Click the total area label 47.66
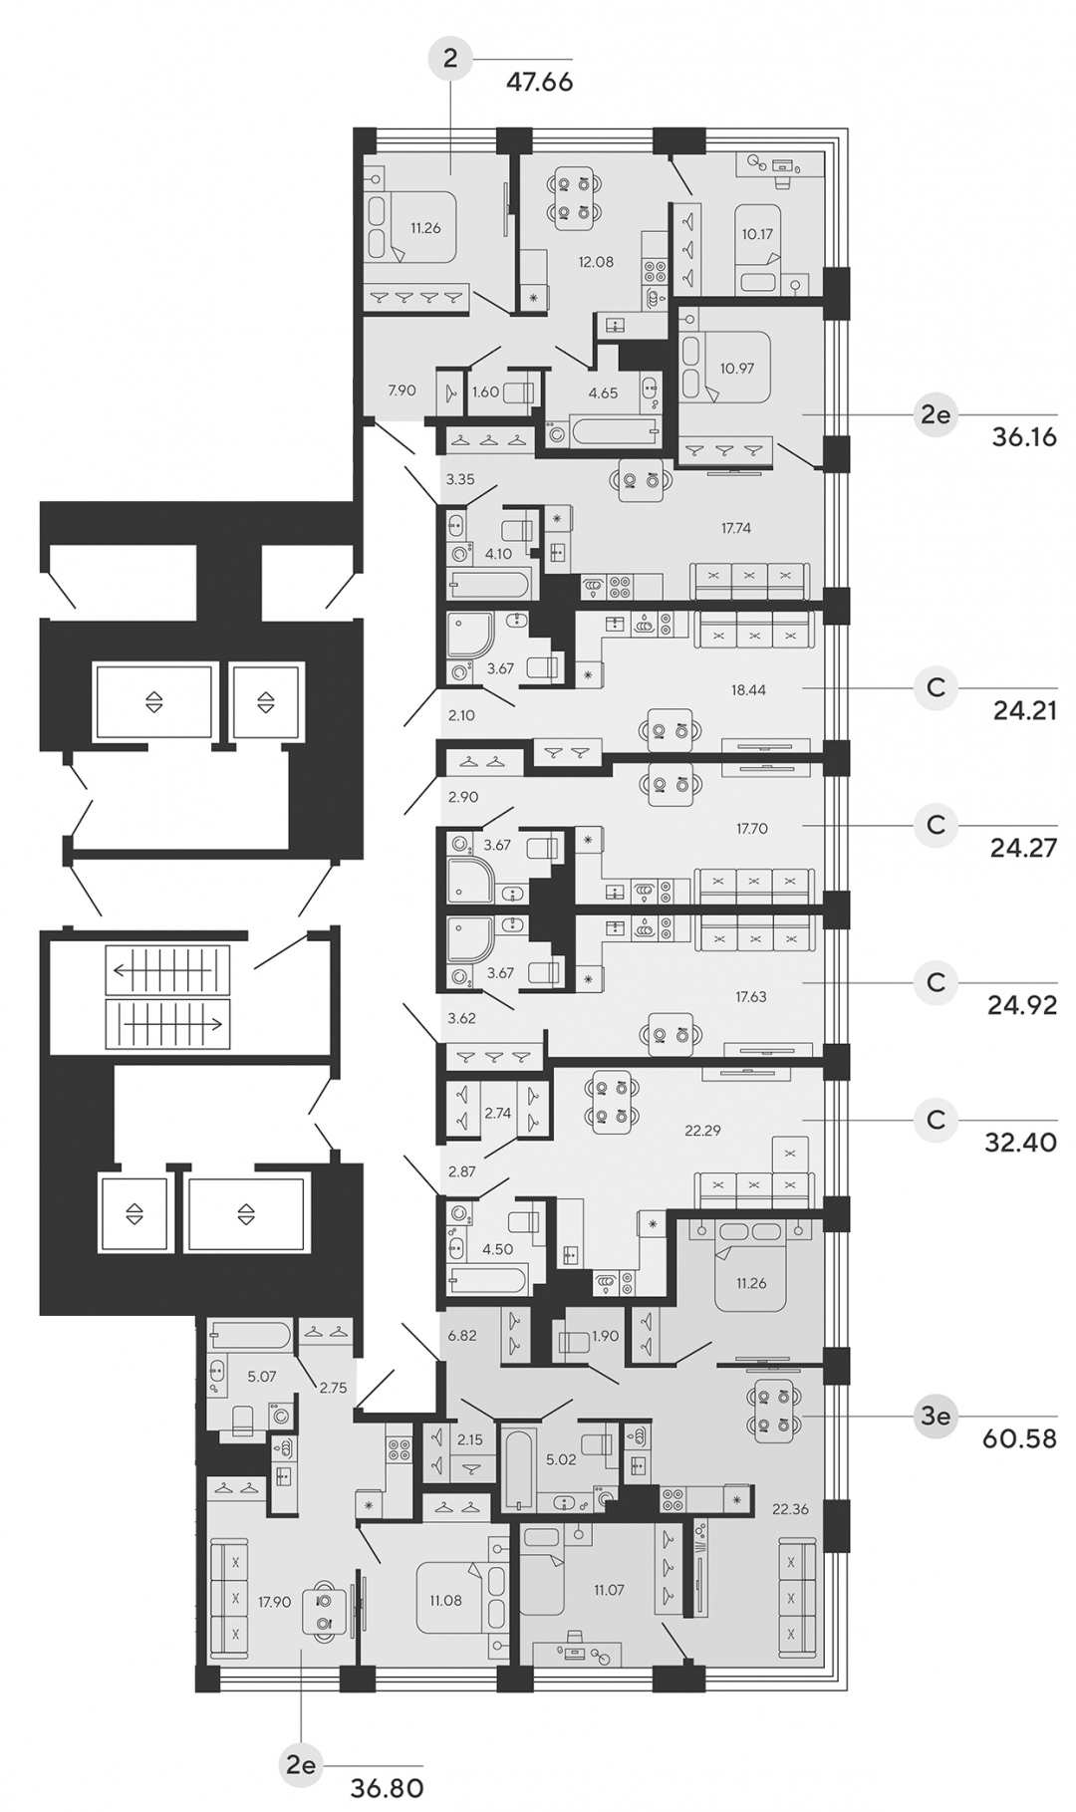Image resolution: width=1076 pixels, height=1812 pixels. click(x=539, y=82)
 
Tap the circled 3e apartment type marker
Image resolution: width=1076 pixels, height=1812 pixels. click(x=936, y=1416)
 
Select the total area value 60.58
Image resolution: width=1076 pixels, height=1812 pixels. click(x=1018, y=1438)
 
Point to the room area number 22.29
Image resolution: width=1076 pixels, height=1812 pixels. click(x=702, y=1130)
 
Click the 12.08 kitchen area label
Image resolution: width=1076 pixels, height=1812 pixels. click(x=596, y=262)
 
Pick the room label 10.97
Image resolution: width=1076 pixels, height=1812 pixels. click(x=736, y=368)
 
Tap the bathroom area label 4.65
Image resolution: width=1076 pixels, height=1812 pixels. click(x=603, y=392)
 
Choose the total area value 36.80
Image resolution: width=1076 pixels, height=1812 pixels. click(x=387, y=1787)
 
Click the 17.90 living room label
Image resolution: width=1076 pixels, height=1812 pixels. click(x=274, y=1602)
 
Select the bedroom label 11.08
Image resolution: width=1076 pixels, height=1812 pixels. click(x=445, y=1601)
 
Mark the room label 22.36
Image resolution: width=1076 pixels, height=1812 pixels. click(x=790, y=1509)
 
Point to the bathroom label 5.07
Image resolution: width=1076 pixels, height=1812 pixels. click(x=261, y=1376)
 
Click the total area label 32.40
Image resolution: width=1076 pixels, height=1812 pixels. click(x=1020, y=1143)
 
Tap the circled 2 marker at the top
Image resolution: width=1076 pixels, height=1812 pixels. click(x=450, y=59)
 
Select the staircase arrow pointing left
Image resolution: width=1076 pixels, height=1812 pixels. click(x=167, y=970)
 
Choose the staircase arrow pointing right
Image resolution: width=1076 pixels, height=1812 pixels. click(x=167, y=1023)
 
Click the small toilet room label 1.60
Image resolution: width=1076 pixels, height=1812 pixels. click(x=485, y=391)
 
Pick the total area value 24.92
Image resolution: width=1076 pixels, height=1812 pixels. click(x=1022, y=1005)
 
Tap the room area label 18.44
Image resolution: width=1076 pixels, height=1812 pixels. click(x=748, y=688)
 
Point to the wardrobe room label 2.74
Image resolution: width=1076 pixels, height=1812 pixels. click(x=497, y=1113)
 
